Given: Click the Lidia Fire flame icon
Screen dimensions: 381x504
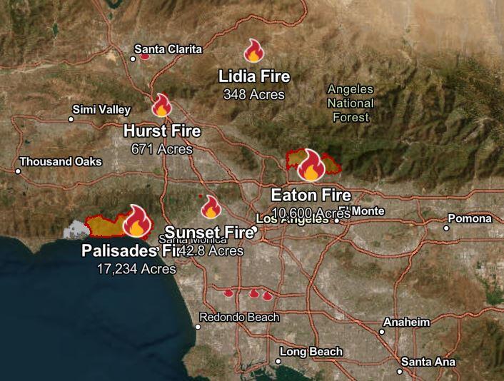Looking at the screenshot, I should pyautogui.click(x=254, y=51).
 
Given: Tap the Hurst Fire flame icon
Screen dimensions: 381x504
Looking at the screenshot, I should pyautogui.click(x=162, y=106).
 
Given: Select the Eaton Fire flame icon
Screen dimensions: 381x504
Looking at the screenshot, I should pyautogui.click(x=311, y=166).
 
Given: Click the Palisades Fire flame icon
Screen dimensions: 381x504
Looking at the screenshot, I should pyautogui.click(x=136, y=222).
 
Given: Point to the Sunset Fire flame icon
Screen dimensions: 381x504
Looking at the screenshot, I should pyautogui.click(x=211, y=207).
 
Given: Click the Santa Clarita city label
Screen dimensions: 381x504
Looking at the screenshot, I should pyautogui.click(x=168, y=49).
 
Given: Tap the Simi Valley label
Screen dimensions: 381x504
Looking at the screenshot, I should pyautogui.click(x=102, y=109).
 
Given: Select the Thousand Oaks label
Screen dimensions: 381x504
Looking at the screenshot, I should pyautogui.click(x=61, y=162).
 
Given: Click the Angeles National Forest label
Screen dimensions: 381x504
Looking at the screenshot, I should pyautogui.click(x=351, y=103).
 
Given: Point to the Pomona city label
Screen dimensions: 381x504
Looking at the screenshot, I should pyautogui.click(x=470, y=218).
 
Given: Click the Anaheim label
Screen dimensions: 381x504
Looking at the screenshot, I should pyautogui.click(x=407, y=322).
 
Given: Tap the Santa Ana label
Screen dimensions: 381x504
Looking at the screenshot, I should pyautogui.click(x=428, y=362).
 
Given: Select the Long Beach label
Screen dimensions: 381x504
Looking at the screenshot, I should pyautogui.click(x=311, y=352).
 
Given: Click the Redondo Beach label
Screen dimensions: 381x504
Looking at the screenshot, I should pyautogui.click(x=239, y=317).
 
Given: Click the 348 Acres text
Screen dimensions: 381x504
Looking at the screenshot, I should pyautogui.click(x=253, y=94).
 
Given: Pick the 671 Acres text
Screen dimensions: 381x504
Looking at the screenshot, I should pyautogui.click(x=162, y=149).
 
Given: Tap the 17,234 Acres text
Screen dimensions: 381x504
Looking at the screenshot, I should pyautogui.click(x=136, y=269).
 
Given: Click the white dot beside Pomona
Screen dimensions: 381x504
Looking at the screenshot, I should pyautogui.click(x=446, y=228).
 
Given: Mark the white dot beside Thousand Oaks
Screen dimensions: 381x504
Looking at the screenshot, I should pyautogui.click(x=18, y=171).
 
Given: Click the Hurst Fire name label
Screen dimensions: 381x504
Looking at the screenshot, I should pyautogui.click(x=162, y=131).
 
